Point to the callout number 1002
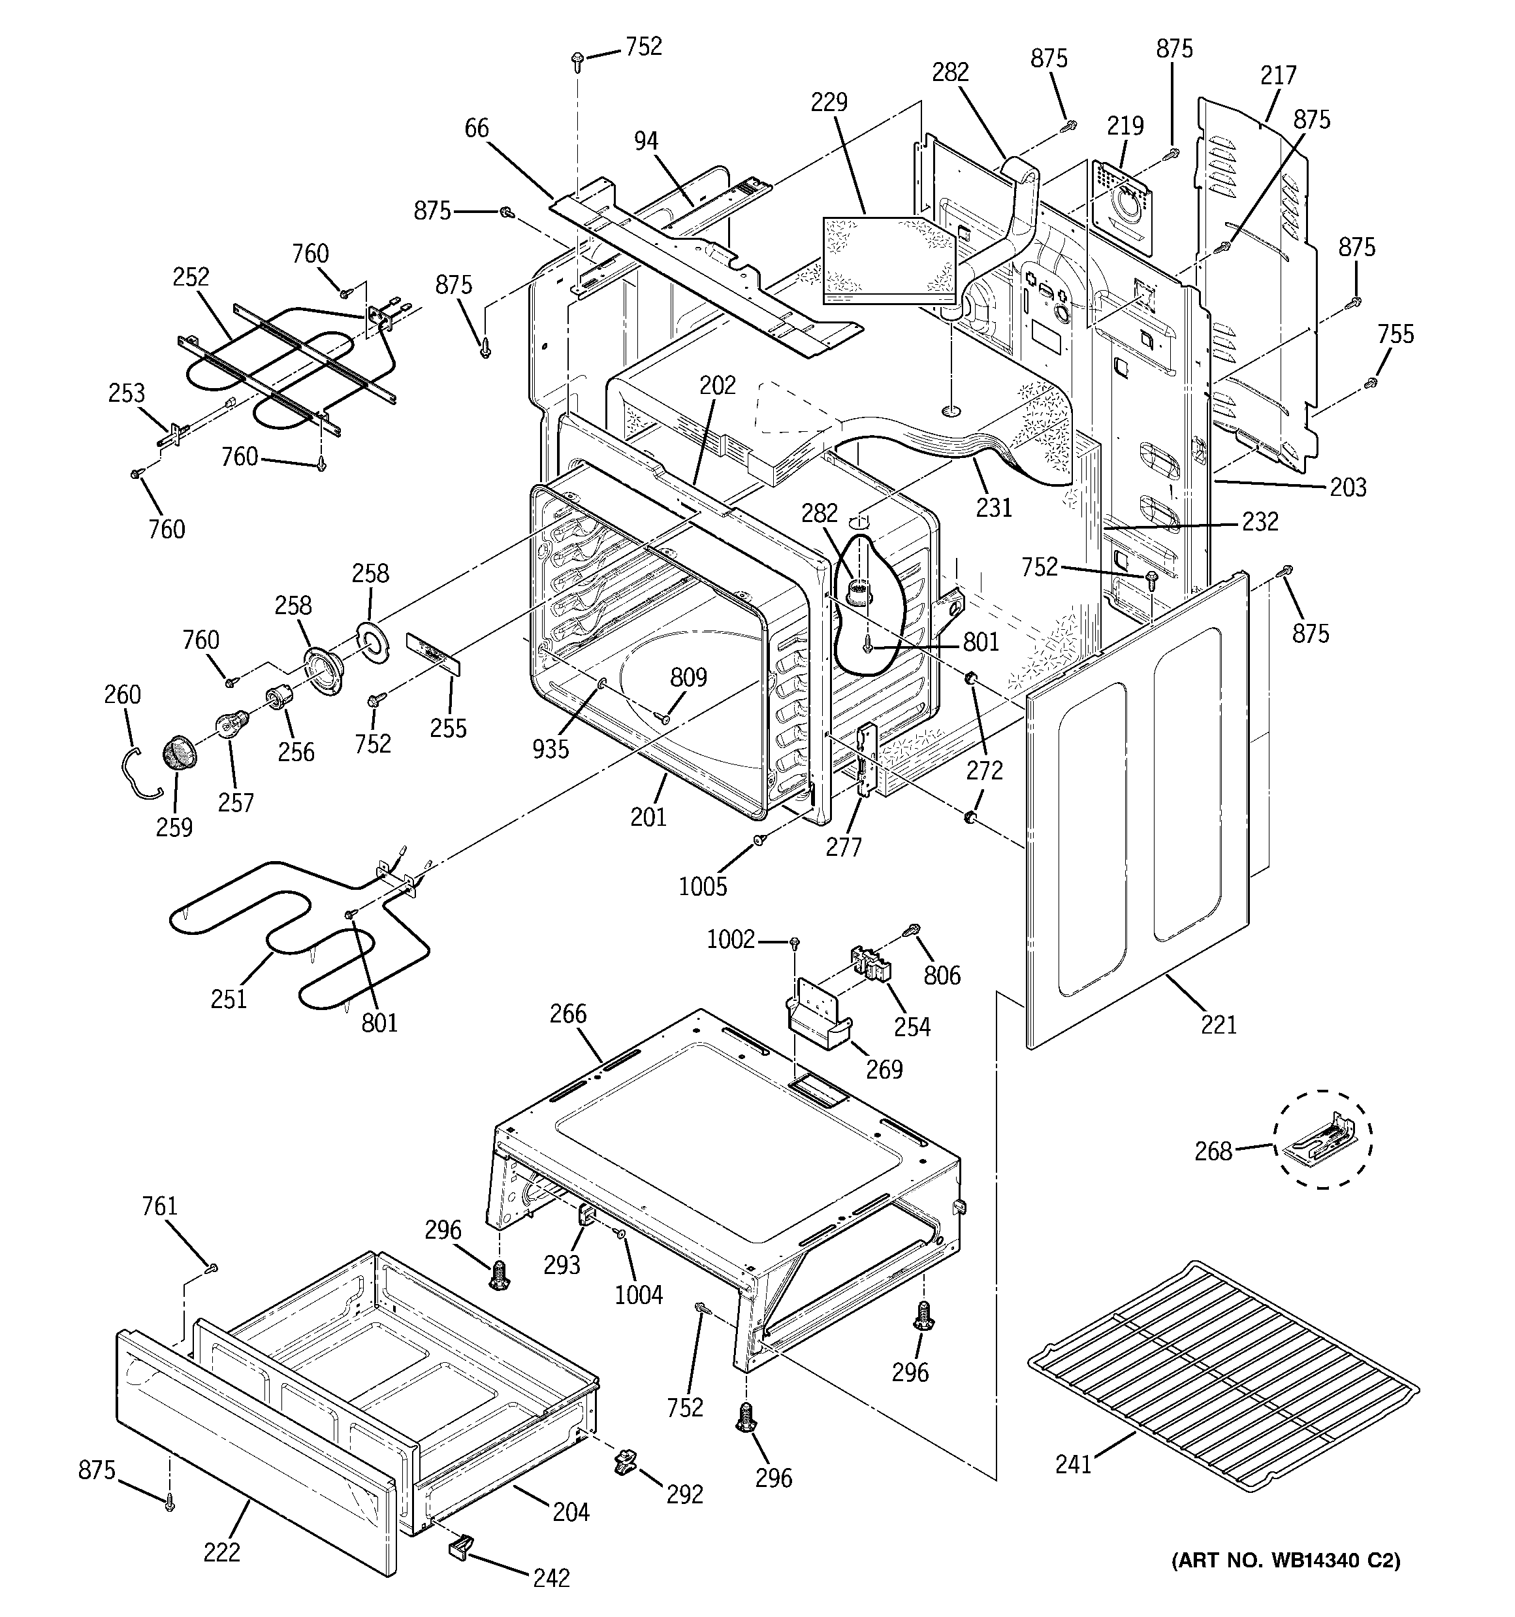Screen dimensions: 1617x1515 click(x=730, y=939)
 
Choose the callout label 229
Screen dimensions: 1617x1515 click(x=829, y=102)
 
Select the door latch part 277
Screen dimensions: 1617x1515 click(x=865, y=757)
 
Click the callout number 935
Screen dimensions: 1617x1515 click(x=550, y=748)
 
